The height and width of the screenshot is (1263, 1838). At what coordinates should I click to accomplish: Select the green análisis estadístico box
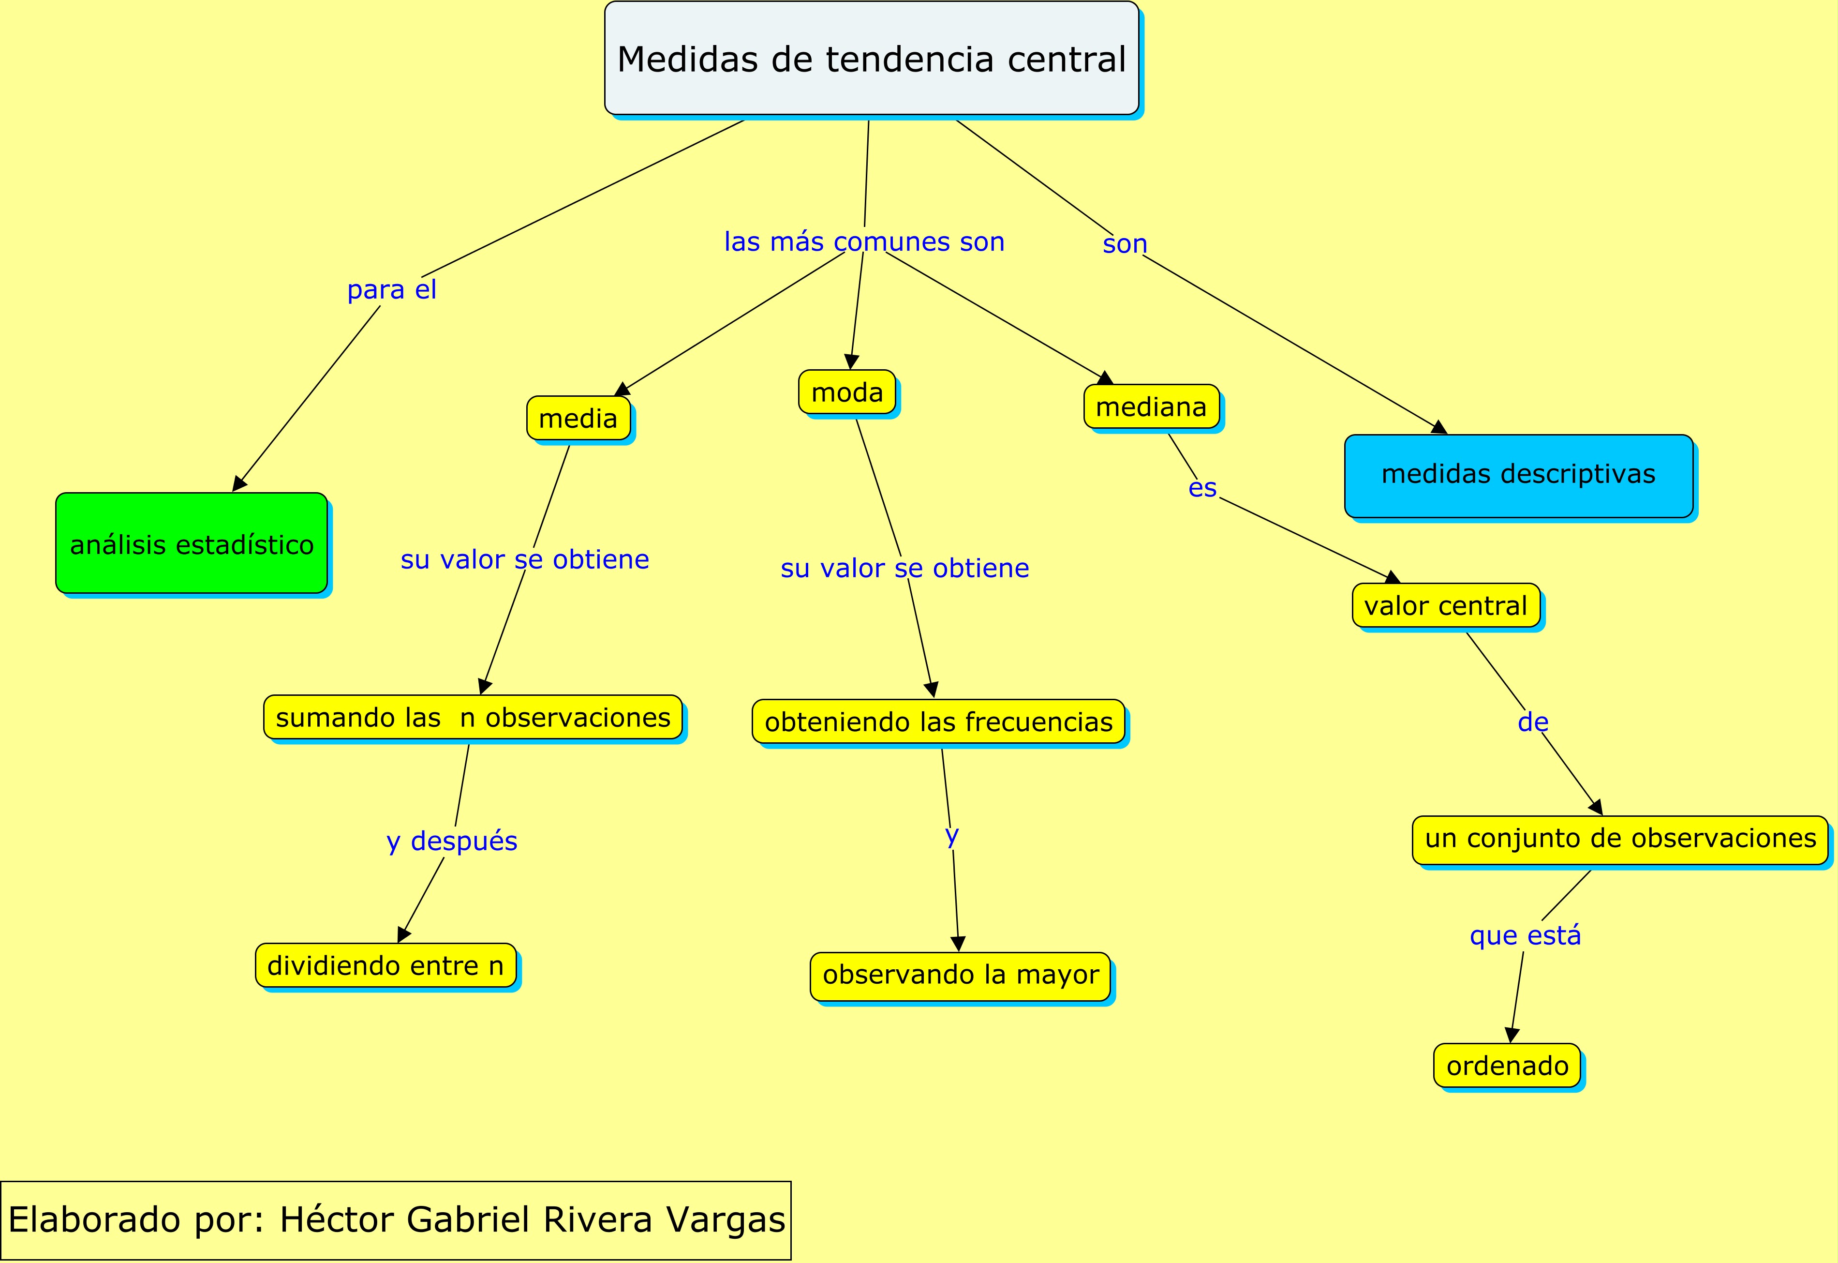[192, 543]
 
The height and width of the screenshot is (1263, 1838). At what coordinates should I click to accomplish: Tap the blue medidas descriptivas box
[1518, 475]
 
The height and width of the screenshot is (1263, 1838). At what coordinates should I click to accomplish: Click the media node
[578, 418]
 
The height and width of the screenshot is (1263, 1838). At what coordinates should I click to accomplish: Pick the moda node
[847, 391]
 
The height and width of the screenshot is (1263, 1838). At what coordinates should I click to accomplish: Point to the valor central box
[1446, 605]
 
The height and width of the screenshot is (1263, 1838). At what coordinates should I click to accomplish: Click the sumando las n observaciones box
[473, 717]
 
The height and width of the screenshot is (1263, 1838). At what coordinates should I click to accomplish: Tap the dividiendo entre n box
[385, 965]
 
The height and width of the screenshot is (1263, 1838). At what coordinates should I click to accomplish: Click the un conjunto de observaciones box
[1620, 838]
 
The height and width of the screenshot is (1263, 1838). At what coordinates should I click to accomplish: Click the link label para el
[391, 290]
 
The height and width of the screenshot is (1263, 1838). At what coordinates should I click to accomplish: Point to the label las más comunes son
[864, 241]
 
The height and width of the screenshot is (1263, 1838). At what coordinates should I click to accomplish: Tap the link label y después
[452, 841]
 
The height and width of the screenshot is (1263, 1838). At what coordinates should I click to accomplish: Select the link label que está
[1525, 935]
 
